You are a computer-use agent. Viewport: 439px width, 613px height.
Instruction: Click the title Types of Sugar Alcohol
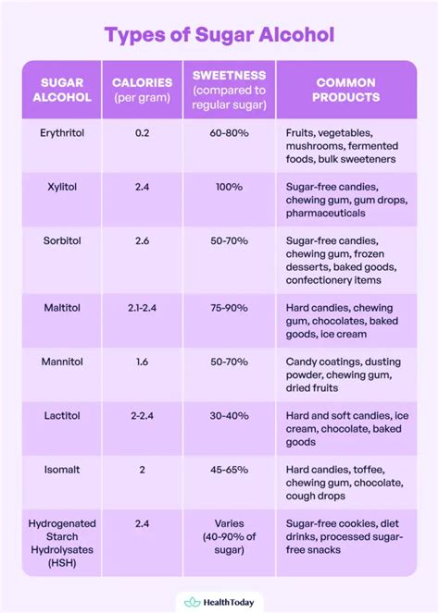(x=219, y=35)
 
